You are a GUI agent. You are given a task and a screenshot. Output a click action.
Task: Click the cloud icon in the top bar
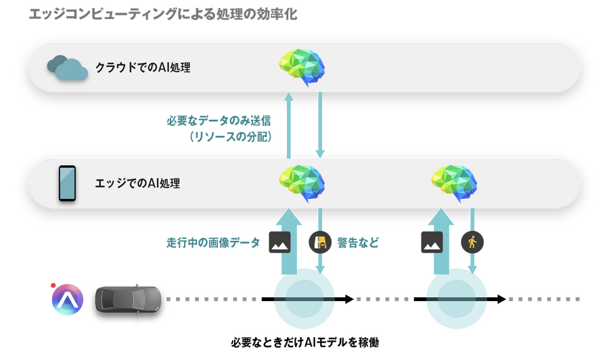point(68,67)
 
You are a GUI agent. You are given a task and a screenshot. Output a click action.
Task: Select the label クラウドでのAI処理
point(142,68)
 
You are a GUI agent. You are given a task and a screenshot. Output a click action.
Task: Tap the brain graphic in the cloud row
point(302,66)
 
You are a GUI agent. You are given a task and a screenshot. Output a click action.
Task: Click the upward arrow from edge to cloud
point(289,126)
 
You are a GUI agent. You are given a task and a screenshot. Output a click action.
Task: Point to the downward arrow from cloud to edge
point(321,126)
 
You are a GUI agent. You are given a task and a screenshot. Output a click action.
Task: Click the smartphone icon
point(67,183)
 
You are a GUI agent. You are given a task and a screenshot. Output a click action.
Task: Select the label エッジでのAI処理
point(137,183)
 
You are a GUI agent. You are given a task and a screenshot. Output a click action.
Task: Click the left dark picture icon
point(279,242)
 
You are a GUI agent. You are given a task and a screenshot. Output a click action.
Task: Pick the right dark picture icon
point(431,242)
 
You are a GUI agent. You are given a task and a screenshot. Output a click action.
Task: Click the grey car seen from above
point(127,298)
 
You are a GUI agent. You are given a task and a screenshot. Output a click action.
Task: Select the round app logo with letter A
point(68,299)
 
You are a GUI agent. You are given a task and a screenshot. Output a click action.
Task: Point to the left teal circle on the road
point(304,298)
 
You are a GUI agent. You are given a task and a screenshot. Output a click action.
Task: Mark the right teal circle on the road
point(457,298)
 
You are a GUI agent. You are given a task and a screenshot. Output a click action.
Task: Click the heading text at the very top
point(163,14)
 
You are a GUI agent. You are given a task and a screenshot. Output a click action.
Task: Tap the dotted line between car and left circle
point(217,298)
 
